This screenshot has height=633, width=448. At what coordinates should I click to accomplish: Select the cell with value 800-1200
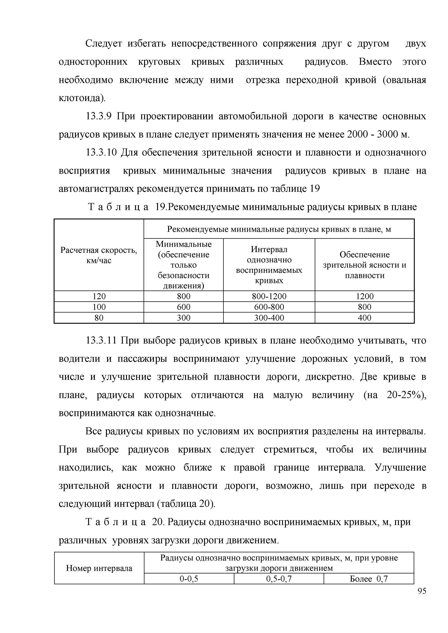pyautogui.click(x=269, y=296)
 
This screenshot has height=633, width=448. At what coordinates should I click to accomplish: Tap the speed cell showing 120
pyautogui.click(x=99, y=296)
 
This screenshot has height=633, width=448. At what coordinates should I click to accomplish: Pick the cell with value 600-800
pyautogui.click(x=269, y=307)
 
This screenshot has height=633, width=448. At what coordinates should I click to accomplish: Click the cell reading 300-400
pyautogui.click(x=269, y=318)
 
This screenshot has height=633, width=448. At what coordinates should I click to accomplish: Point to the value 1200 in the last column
pyautogui.click(x=364, y=296)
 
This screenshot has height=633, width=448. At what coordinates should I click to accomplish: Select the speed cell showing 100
pyautogui.click(x=99, y=307)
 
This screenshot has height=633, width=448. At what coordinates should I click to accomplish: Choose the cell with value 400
pyautogui.click(x=364, y=318)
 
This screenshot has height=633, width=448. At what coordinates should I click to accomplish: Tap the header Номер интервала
pyautogui.click(x=99, y=568)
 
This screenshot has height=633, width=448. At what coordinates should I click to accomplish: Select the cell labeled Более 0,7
pyautogui.click(x=369, y=579)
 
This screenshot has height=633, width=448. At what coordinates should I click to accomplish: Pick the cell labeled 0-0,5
pyautogui.click(x=189, y=579)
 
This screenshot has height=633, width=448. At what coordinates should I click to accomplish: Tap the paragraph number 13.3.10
pyautogui.click(x=101, y=153)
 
